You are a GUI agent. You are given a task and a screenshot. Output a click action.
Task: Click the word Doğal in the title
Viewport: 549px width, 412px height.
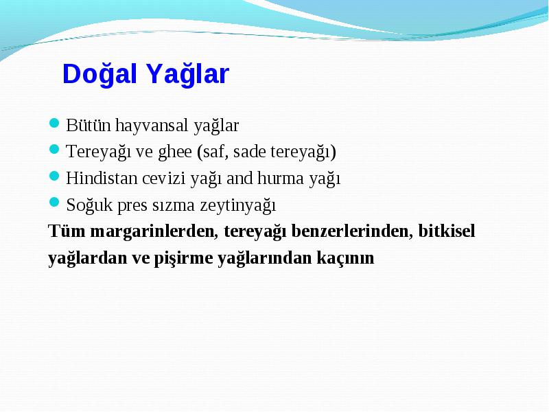pos(100,74)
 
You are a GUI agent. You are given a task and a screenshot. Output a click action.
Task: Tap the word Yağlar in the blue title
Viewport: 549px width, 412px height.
pos(187,74)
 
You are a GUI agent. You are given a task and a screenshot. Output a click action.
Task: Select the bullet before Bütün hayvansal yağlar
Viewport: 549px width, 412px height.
pos(54,123)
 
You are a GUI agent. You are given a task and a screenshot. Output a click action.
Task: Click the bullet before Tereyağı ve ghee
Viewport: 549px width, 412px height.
pos(54,149)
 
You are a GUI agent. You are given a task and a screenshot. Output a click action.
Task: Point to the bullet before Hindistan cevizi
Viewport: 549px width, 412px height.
pos(54,176)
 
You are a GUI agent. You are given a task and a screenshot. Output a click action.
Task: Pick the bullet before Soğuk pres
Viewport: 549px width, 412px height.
pos(54,203)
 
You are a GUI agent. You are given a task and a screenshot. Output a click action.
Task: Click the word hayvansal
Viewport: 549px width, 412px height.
pos(152,126)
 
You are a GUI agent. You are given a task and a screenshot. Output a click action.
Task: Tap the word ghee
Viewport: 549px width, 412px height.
pos(175,152)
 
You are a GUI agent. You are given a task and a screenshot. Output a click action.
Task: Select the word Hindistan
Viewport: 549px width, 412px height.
pos(102,178)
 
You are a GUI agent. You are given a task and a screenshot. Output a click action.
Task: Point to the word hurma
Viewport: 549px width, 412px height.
pos(281,178)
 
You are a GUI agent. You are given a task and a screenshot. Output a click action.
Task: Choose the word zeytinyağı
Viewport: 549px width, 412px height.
pos(238,205)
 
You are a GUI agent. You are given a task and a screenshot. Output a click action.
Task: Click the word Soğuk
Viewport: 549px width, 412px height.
pos(89,205)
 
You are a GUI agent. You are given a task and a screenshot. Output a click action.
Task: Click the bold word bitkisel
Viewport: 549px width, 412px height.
pos(447,231)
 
